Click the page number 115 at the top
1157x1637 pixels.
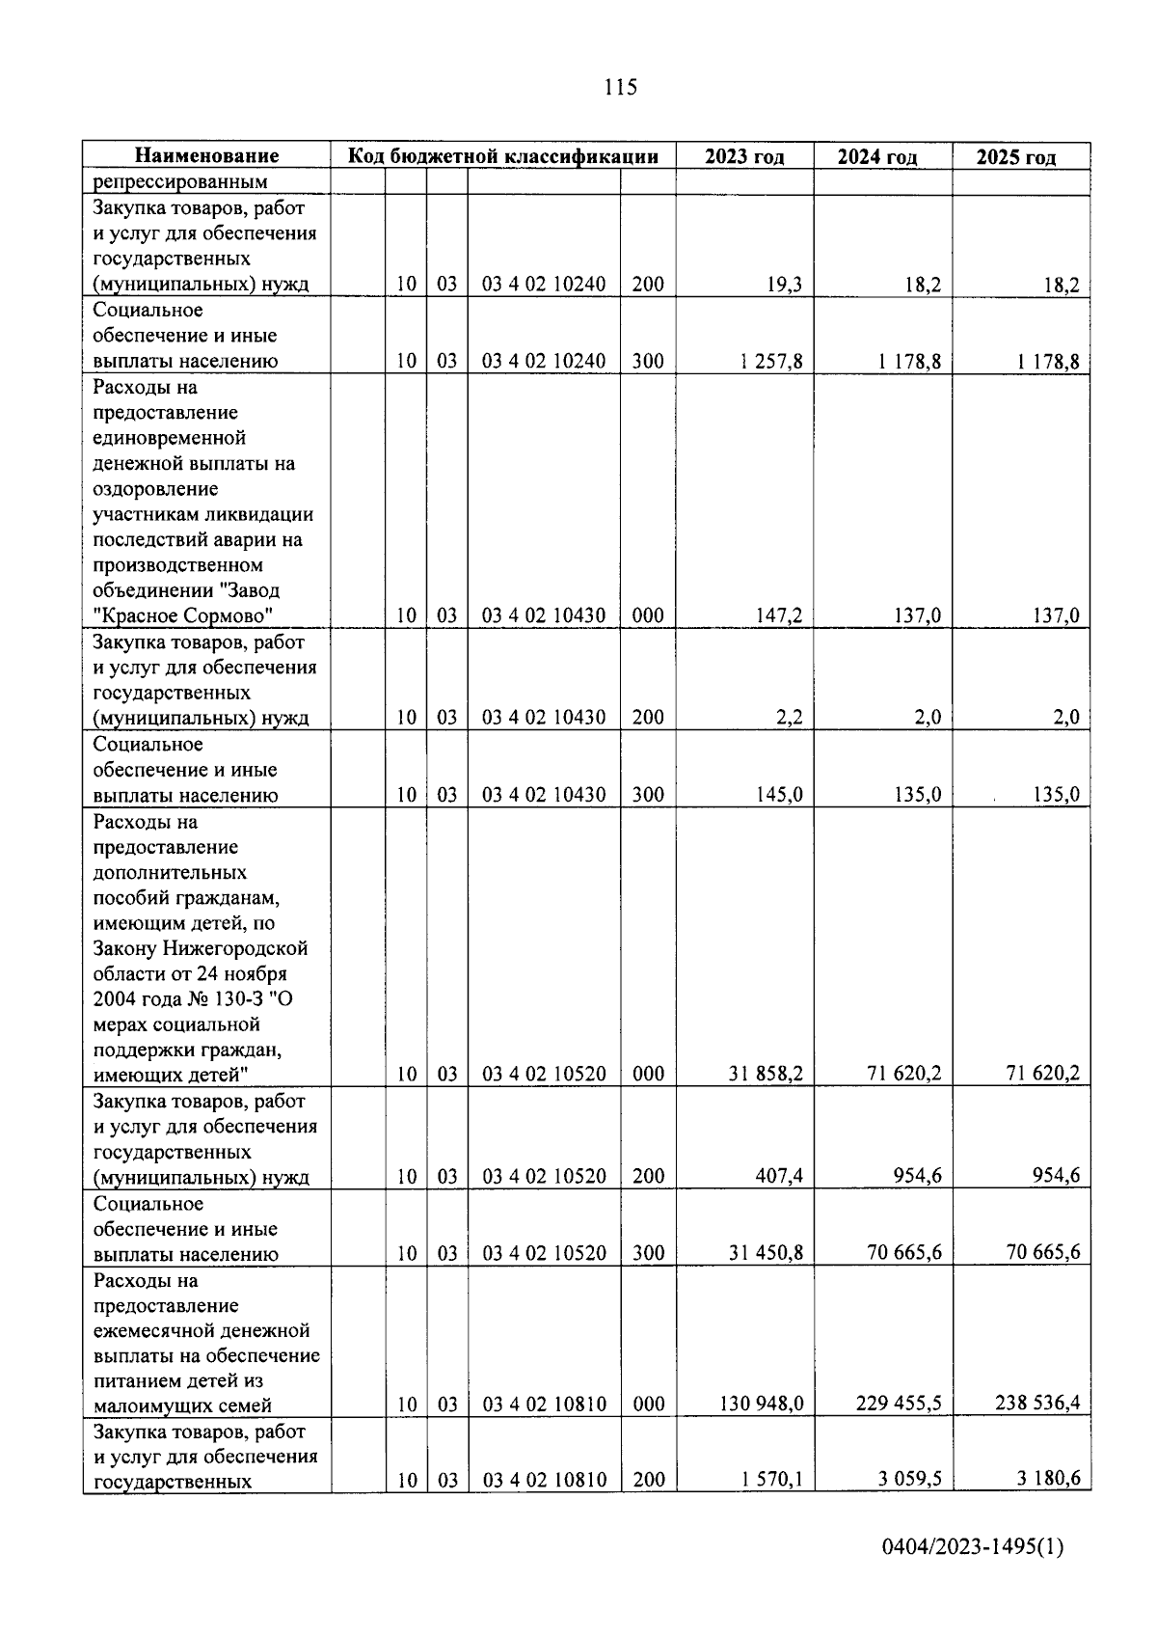click(621, 88)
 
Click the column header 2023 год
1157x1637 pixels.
click(743, 156)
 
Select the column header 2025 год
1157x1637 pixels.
click(1015, 157)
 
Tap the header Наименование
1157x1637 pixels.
click(206, 155)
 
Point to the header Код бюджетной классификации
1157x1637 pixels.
click(502, 156)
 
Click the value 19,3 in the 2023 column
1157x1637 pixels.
click(785, 285)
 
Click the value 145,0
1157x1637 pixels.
click(779, 795)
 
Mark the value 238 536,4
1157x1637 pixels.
click(1037, 1404)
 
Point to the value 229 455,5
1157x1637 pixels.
click(899, 1404)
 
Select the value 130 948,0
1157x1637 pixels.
click(762, 1404)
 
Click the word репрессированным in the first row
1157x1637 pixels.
click(180, 182)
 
